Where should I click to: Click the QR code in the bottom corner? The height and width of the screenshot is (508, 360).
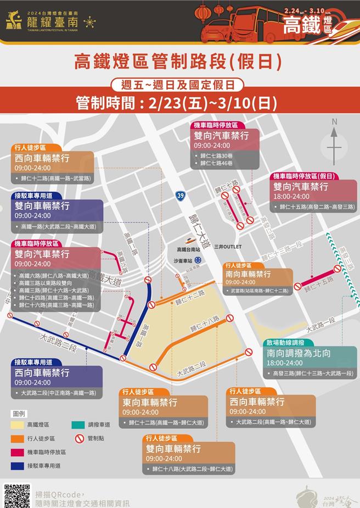pyautogui.click(x=16, y=496)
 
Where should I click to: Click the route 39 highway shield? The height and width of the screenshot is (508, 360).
pyautogui.click(x=181, y=195)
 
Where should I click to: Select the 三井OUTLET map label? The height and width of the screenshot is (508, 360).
pyautogui.click(x=228, y=247)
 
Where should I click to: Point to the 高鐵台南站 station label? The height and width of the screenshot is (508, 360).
pyautogui.click(x=182, y=249)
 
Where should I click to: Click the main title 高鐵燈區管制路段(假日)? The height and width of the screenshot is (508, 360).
pyautogui.click(x=178, y=62)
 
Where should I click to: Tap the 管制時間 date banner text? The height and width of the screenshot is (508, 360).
pyautogui.click(x=177, y=103)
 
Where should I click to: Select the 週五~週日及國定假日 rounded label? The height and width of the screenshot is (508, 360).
pyautogui.click(x=177, y=85)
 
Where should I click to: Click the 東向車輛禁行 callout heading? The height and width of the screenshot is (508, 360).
pyautogui.click(x=150, y=403)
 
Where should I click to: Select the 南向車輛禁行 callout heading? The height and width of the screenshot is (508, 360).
pyautogui.click(x=248, y=273)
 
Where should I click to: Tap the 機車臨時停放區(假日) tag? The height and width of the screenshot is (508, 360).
pyautogui.click(x=305, y=176)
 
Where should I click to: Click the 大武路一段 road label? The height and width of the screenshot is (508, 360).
pyautogui.click(x=320, y=324)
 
